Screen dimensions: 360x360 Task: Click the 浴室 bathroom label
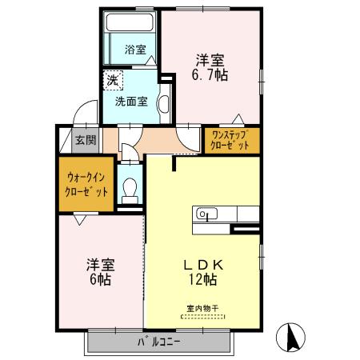pos(135,50)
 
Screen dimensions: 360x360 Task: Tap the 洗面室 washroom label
pos(130,101)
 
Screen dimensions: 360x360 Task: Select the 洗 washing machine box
pos(113,80)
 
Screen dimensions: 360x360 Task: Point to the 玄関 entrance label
pos(85,139)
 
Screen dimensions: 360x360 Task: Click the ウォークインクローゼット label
pos(86,184)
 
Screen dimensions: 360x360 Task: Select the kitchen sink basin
pos(206,214)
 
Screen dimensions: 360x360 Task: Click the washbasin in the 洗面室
pos(162,104)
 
